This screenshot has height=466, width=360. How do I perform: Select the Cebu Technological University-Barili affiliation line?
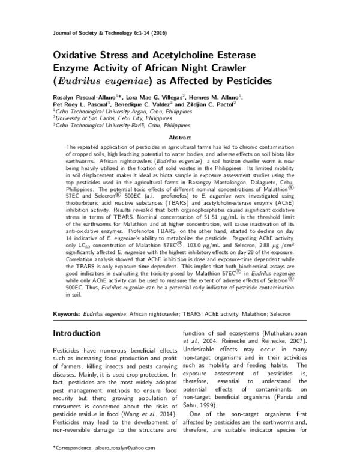pyautogui.click(x=120, y=126)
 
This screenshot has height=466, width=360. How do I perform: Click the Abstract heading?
pyautogui.click(x=180, y=138)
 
